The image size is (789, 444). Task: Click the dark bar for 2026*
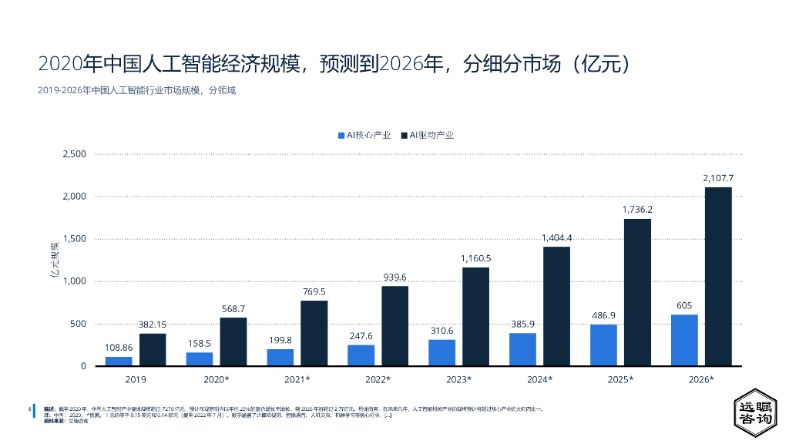click(x=718, y=276)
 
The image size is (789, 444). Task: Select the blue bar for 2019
click(x=119, y=361)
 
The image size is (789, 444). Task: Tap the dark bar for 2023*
click(x=475, y=316)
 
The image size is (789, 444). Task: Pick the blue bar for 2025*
click(x=603, y=345)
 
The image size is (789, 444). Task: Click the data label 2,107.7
click(x=718, y=178)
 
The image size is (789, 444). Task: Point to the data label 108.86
click(x=119, y=348)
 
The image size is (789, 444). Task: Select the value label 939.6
click(x=395, y=277)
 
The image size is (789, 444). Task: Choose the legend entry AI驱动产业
click(x=428, y=135)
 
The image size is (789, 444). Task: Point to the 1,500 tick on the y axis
click(x=75, y=239)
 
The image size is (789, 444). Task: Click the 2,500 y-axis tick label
click(x=75, y=154)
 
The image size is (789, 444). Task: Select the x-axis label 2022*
click(x=378, y=379)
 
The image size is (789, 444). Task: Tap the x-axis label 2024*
click(x=539, y=379)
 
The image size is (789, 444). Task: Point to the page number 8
click(x=29, y=408)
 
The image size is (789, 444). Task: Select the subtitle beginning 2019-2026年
click(x=136, y=90)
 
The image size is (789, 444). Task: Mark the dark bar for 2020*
click(x=233, y=341)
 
